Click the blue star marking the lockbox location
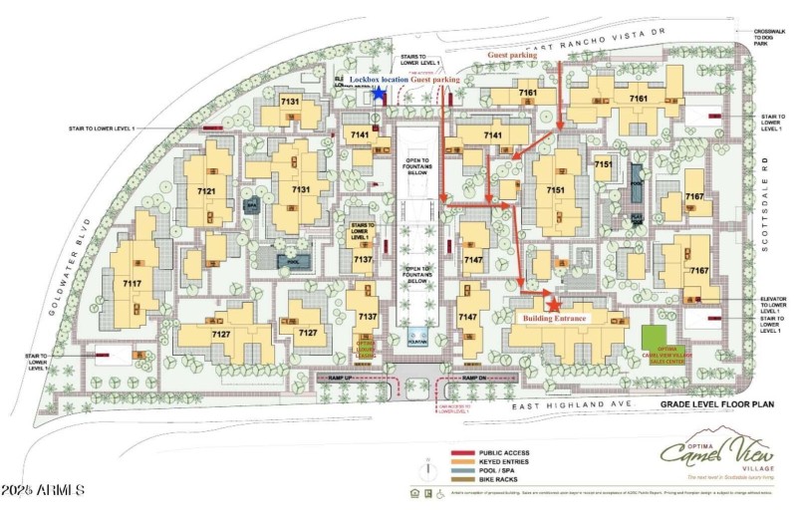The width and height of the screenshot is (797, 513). coord(379,92)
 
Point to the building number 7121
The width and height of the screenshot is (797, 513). coord(206,190)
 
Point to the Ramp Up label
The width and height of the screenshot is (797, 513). coord(363,378)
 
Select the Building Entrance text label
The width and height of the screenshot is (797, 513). coord(557,318)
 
